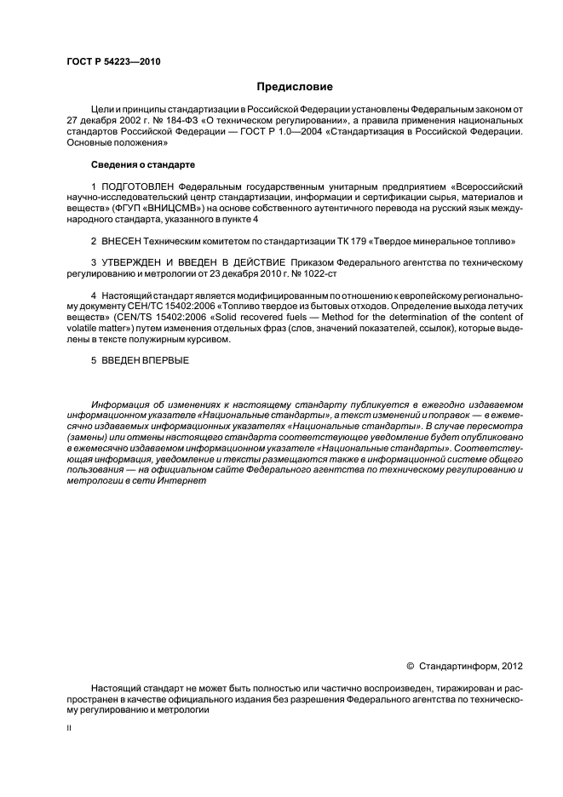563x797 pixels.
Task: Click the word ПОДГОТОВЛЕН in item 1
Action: coord(136,185)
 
